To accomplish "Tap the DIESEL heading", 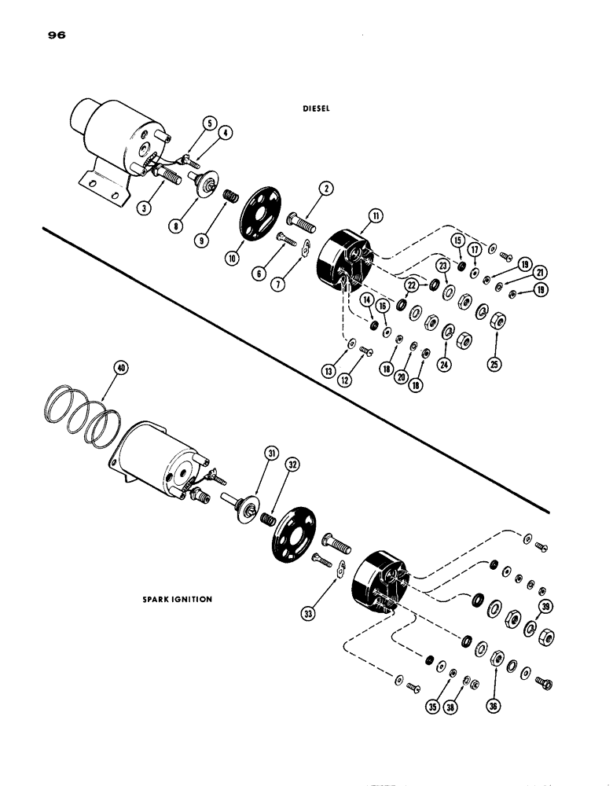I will [319, 110].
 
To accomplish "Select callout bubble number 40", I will [119, 368].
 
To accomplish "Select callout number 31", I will [270, 453].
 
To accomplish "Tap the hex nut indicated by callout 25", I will [497, 321].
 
